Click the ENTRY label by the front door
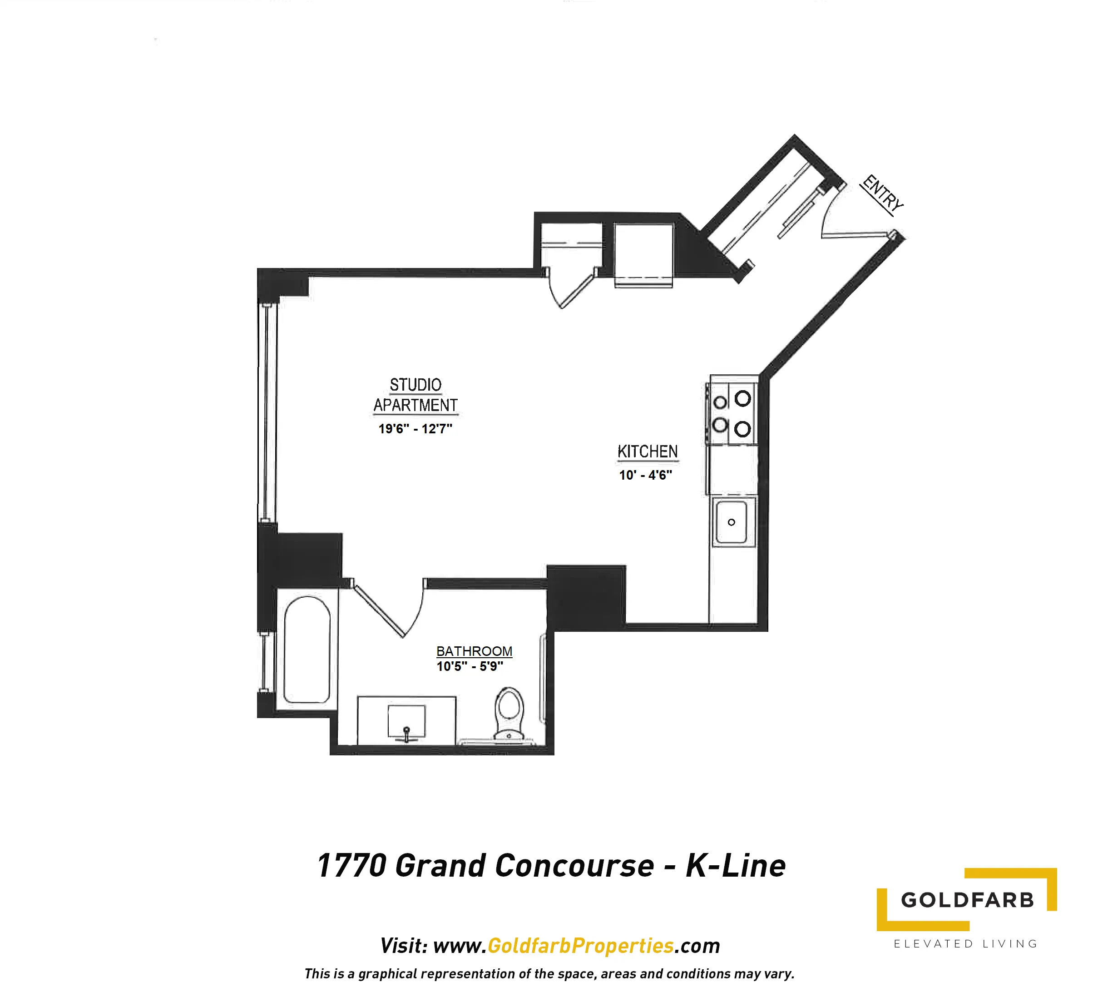click(x=882, y=193)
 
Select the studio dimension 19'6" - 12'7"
click(x=415, y=429)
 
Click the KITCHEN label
click(x=648, y=451)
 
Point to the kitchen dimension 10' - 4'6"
click(x=645, y=475)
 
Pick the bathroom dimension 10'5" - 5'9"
click(x=470, y=666)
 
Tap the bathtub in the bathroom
click(x=307, y=650)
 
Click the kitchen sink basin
click(x=732, y=522)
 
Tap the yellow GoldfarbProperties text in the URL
click(x=581, y=945)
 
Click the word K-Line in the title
click(x=735, y=866)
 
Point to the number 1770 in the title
click(x=352, y=866)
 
